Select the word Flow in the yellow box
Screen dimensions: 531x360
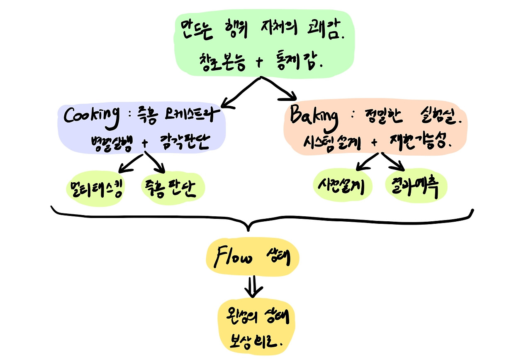[x=233, y=259]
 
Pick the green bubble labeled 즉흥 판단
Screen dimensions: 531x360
[x=173, y=189]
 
